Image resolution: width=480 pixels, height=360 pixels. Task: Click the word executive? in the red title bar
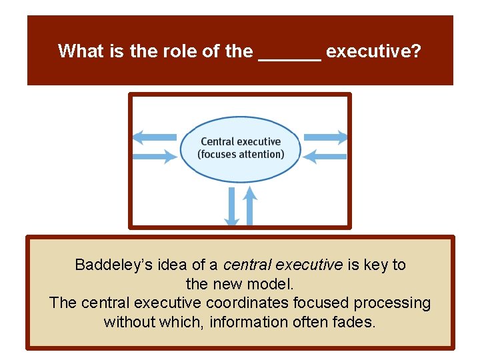point(373,51)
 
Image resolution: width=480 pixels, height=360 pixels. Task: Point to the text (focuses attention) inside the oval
point(241,154)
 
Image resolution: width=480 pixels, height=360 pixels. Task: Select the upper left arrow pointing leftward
point(155,137)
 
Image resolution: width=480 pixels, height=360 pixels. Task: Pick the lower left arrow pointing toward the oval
point(155,157)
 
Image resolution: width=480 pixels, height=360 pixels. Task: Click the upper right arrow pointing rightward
point(325,137)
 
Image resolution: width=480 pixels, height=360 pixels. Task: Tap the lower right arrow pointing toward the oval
point(325,157)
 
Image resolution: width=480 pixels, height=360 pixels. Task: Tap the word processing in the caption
point(392,303)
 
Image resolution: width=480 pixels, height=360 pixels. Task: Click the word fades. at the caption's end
point(355,322)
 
